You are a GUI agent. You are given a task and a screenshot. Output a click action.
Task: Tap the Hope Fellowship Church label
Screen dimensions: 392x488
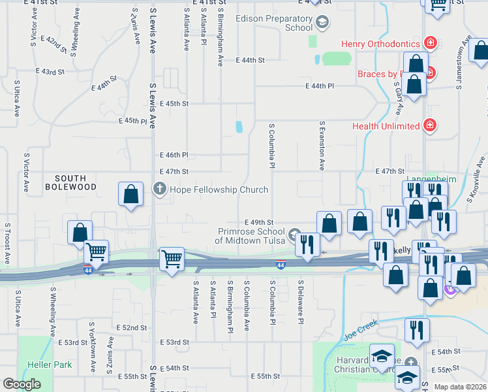point(219,190)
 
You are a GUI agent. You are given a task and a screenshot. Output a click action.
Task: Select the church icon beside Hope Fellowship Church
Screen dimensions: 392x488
point(159,189)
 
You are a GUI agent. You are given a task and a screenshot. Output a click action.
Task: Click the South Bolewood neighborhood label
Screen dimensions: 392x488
point(76,182)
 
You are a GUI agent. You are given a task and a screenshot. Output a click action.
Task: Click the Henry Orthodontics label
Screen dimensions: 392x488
point(380,44)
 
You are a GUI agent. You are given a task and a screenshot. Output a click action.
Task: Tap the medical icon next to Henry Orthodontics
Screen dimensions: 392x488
point(430,44)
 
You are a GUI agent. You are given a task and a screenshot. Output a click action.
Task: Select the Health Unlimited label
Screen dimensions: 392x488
point(386,125)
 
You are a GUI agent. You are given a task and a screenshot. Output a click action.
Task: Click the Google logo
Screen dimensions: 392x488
point(22,384)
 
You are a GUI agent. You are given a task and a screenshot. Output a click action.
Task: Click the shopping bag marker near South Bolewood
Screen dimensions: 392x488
point(131,194)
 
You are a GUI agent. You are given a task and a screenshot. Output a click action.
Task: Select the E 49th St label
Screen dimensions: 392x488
point(258,222)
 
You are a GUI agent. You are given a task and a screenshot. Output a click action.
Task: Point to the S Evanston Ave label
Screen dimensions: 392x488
point(322,145)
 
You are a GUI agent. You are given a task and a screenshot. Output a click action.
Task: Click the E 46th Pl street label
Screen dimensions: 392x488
point(174,155)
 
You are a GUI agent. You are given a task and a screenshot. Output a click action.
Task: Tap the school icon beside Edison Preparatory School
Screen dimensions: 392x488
point(321,24)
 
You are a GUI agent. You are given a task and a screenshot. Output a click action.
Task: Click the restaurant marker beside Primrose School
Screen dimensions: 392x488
point(307,244)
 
